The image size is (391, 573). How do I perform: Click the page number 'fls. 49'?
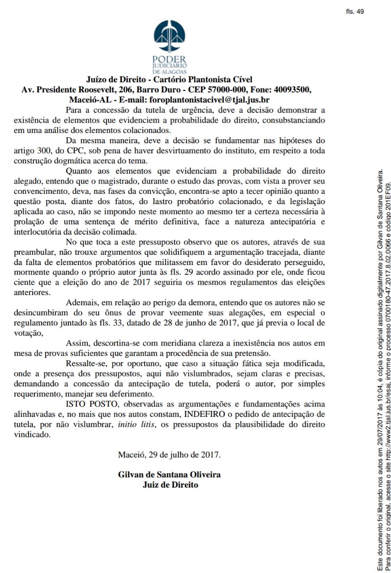tap(355, 12)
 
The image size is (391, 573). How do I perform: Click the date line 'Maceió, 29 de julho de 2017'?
tap(169, 454)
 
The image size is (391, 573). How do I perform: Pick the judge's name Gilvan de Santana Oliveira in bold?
tap(169, 475)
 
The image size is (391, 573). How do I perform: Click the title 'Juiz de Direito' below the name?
tap(170, 484)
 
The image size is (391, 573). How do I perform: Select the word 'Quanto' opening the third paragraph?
tap(79, 171)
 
